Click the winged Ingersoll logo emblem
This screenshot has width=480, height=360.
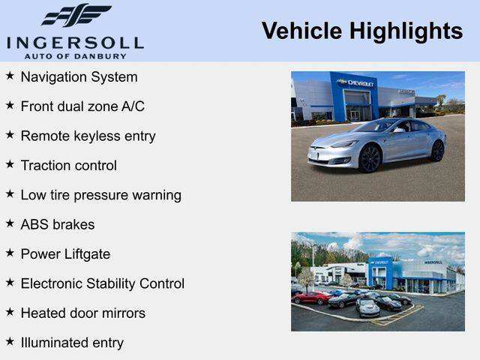(x=76, y=15)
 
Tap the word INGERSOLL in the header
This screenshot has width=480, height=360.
(x=75, y=43)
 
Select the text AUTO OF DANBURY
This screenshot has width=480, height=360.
(x=75, y=56)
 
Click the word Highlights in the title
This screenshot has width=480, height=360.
(x=406, y=31)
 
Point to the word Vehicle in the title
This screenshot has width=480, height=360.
(x=301, y=31)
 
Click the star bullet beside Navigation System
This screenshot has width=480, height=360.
(x=10, y=75)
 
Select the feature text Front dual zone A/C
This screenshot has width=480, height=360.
(x=82, y=106)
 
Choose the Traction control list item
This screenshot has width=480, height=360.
(x=69, y=166)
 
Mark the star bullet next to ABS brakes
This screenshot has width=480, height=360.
(x=10, y=223)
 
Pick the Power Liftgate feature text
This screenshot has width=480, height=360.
(x=65, y=254)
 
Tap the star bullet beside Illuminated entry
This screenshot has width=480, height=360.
(x=10, y=341)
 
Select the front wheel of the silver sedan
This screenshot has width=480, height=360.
(x=370, y=158)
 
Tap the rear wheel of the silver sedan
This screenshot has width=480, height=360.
(x=437, y=151)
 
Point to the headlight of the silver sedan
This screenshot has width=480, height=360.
(x=346, y=144)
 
